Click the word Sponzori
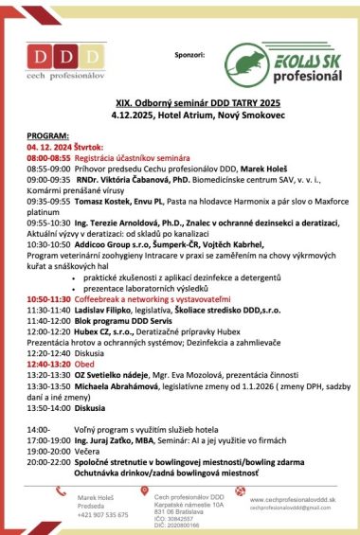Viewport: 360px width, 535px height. pyautogui.click(x=190, y=57)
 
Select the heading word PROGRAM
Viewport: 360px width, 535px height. pyautogui.click(x=48, y=134)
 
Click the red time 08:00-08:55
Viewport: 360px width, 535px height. pyautogui.click(x=46, y=156)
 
